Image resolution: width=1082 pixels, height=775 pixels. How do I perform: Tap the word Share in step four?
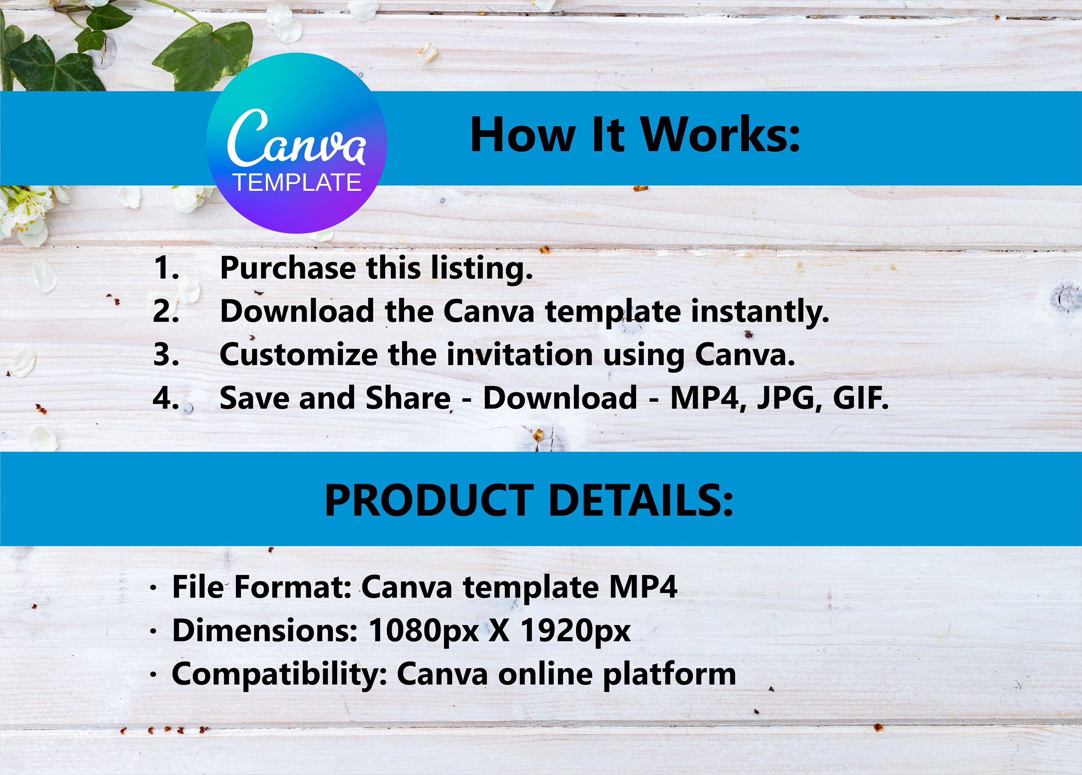pyautogui.click(x=408, y=398)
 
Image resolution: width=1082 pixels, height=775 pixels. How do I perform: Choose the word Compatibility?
pyautogui.click(x=280, y=675)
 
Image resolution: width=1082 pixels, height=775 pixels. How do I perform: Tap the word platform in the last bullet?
pyautogui.click(x=669, y=675)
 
